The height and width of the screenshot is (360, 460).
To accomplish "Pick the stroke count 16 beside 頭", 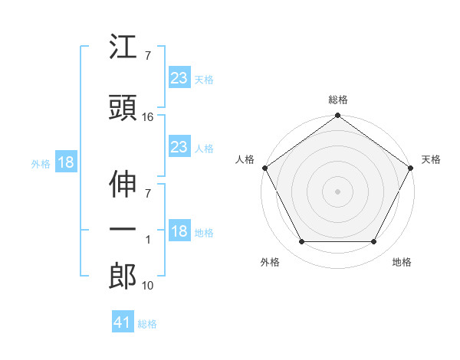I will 148,117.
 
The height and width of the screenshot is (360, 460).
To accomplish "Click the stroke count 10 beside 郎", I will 148,286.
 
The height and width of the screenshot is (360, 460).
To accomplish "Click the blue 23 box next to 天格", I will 179,77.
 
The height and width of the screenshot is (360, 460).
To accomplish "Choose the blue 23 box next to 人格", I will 179,146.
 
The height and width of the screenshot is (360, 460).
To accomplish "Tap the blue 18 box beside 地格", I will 179,232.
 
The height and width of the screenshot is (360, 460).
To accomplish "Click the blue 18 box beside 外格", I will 65,163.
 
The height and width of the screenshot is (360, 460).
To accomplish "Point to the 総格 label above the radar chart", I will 338,100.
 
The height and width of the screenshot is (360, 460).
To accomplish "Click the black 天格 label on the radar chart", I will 431,159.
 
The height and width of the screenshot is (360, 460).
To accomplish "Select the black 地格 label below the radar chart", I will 402,262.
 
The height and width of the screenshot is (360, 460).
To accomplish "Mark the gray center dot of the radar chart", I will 338,191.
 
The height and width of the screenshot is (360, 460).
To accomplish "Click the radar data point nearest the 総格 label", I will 338,116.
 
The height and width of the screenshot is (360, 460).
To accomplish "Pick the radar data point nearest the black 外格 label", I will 301,242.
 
